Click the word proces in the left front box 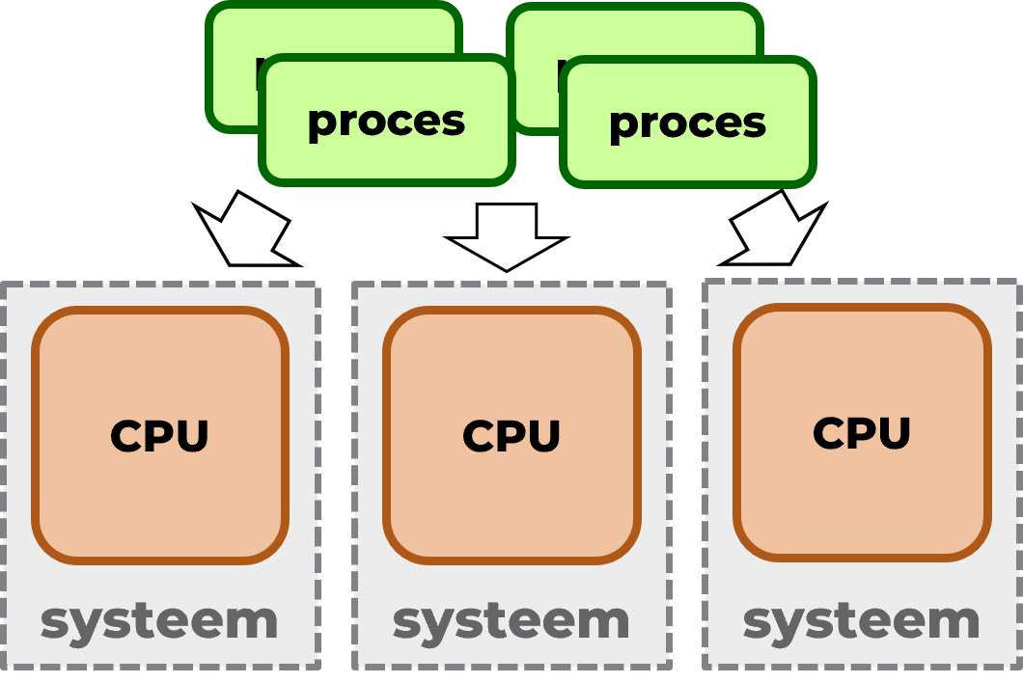tap(386, 122)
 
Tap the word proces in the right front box tap(687, 123)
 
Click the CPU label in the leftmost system tap(159, 436)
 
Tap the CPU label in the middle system tap(511, 436)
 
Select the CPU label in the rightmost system tap(862, 433)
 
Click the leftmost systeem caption tap(159, 621)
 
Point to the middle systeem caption tap(511, 621)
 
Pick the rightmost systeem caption tap(862, 621)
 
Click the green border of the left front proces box tap(386, 179)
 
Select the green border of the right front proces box tap(687, 182)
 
